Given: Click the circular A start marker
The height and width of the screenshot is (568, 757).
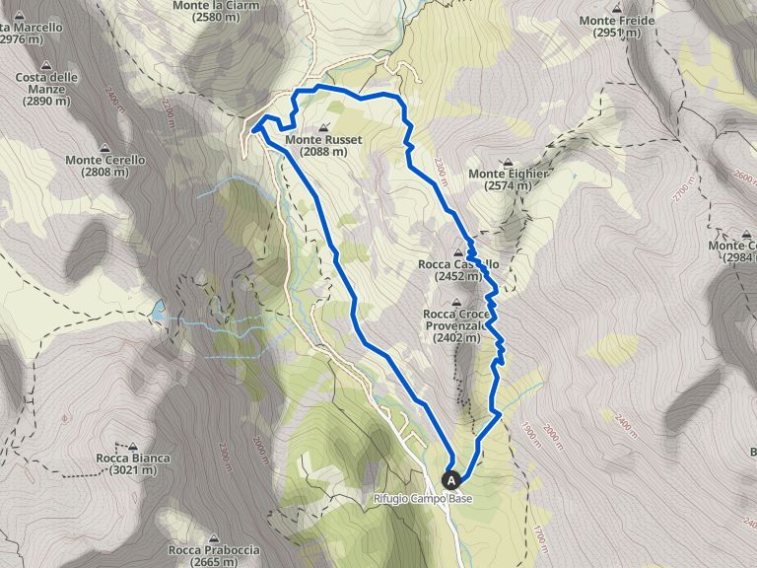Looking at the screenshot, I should click(x=452, y=480).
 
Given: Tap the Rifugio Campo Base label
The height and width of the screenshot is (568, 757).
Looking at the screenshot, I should click(x=423, y=499).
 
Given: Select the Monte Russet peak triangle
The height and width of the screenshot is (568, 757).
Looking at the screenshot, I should click(x=325, y=127).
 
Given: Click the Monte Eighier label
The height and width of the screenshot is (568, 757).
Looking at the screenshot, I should click(x=508, y=175).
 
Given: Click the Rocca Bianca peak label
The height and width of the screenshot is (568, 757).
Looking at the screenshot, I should click(x=133, y=458).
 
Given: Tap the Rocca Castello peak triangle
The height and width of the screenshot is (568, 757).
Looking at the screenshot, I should click(x=458, y=252).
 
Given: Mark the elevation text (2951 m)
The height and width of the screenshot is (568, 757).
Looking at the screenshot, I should click(x=618, y=33).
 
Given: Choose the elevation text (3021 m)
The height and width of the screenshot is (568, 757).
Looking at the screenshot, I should click(x=133, y=470).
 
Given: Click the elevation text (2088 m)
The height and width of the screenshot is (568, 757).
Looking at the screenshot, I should click(x=324, y=152).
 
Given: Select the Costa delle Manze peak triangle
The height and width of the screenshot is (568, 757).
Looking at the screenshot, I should click(x=48, y=61).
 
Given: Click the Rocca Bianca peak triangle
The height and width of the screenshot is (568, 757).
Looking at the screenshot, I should click(x=133, y=445).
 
